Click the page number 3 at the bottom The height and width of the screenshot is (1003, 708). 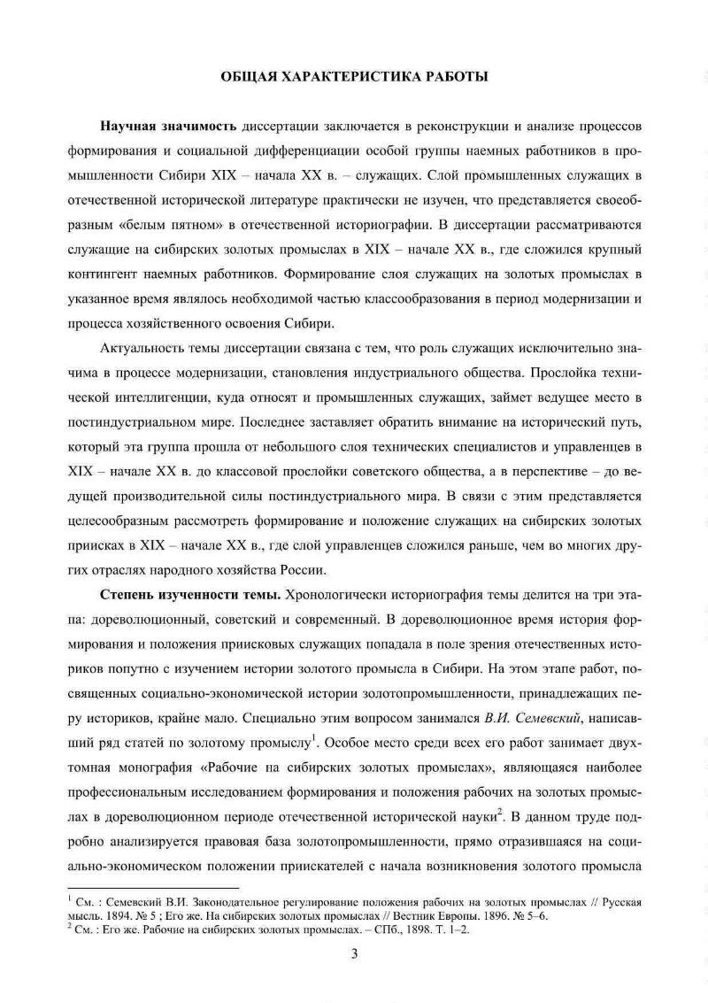click(x=354, y=953)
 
